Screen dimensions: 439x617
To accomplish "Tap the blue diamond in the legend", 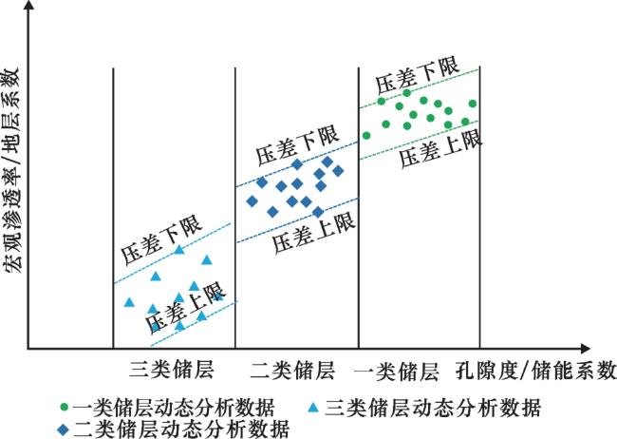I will [x=63, y=428].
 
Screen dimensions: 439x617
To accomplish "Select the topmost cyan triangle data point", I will [x=179, y=250].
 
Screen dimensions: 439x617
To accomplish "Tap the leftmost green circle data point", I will [x=367, y=136].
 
